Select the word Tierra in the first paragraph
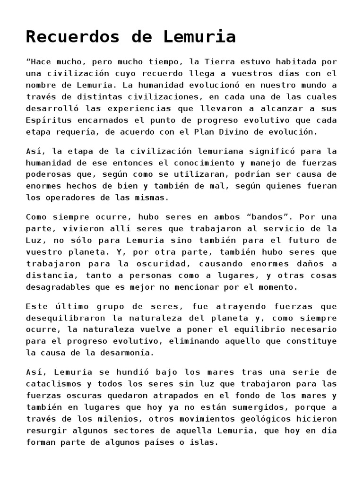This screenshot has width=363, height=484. (220, 62)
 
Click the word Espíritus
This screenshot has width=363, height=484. (49, 121)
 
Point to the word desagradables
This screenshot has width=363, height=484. (57, 287)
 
